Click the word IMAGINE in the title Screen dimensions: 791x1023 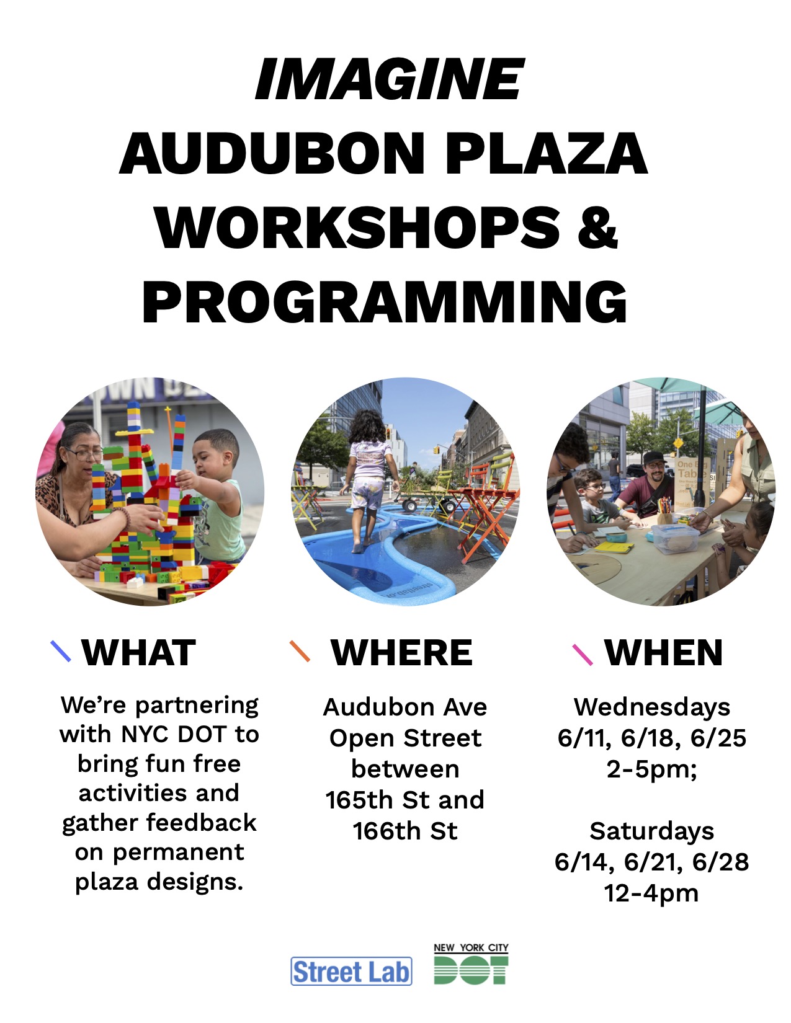pyautogui.click(x=390, y=79)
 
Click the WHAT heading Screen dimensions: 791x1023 pyautogui.click(x=138, y=652)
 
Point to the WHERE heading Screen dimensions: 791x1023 pyautogui.click(x=402, y=652)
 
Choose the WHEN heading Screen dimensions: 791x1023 pyautogui.click(x=663, y=652)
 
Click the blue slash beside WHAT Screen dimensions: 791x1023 pyautogui.click(x=61, y=651)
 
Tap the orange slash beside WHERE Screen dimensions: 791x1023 pyautogui.click(x=300, y=651)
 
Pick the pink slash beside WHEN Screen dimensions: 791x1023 pyautogui.click(x=583, y=654)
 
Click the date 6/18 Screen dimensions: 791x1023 pyautogui.click(x=651, y=738)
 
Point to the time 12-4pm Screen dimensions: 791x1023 pyautogui.click(x=651, y=893)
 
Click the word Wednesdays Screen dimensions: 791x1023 pyautogui.click(x=652, y=707)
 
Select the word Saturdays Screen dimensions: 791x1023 pyautogui.click(x=652, y=831)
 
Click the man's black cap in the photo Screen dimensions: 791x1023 pyautogui.click(x=653, y=459)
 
